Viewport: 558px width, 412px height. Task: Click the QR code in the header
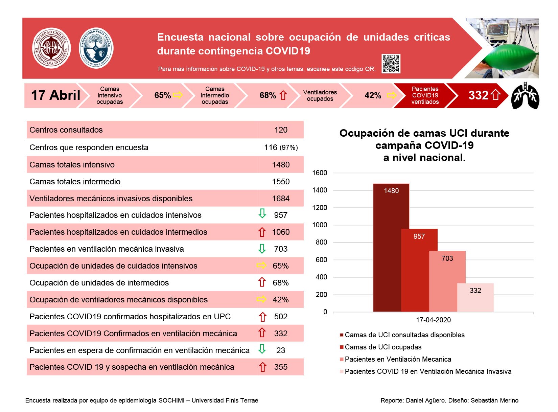click(391, 63)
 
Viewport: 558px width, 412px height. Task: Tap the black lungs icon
click(525, 95)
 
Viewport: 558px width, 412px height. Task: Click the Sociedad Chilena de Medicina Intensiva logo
click(51, 48)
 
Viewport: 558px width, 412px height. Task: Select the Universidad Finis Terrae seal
click(96, 48)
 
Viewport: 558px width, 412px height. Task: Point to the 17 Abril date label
click(55, 95)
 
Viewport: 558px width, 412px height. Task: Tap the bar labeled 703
click(447, 281)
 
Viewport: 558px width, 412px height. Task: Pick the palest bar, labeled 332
click(475, 297)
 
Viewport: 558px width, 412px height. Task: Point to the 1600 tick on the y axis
click(320, 173)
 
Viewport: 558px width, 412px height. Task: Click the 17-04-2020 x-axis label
click(433, 320)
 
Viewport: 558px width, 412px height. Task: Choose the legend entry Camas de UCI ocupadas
click(380, 347)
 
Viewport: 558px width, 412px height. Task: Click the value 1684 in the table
click(280, 198)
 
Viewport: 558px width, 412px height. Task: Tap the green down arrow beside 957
click(262, 213)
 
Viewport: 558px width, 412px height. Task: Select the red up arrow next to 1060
click(262, 232)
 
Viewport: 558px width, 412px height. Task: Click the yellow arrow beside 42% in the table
click(261, 299)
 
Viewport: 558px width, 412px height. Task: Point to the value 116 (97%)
click(281, 147)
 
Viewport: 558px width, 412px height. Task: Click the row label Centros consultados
click(66, 130)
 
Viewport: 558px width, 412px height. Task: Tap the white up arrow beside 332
click(495, 95)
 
